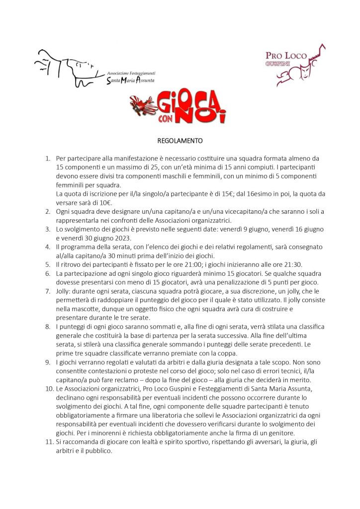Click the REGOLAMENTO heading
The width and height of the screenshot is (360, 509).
[180, 140]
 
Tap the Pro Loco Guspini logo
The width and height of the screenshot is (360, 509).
[295, 65]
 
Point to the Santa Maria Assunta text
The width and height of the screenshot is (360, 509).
[131, 80]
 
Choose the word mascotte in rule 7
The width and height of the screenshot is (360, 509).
[105, 308]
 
